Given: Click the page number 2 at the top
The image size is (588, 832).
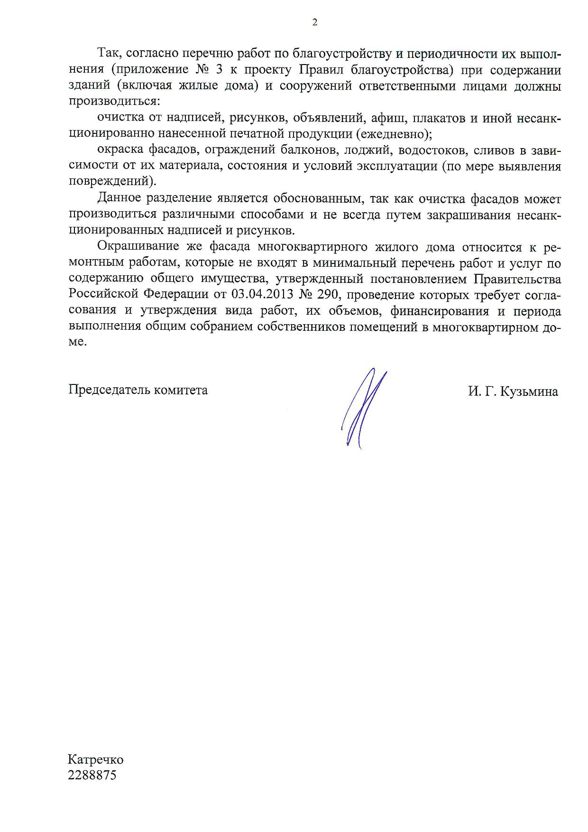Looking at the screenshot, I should tap(314, 22).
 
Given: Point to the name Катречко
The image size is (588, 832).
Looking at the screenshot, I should tap(96, 759).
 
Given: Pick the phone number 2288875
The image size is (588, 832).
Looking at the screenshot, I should tap(92, 775).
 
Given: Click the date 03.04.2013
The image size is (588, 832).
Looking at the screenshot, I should tap(260, 294).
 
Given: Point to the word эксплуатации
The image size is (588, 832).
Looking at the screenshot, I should tap(394, 166).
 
